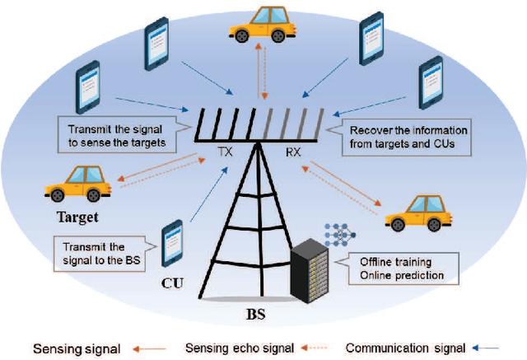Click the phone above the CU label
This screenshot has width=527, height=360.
173,245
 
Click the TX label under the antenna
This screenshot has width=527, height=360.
225,152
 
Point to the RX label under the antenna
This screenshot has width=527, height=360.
293,152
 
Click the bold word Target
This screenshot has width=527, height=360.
77,218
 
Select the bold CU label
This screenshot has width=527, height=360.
172,284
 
